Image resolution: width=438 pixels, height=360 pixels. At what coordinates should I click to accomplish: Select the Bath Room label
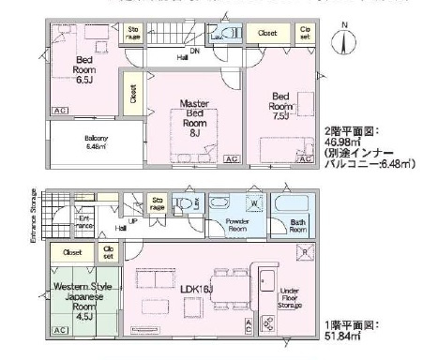(x=297, y=225)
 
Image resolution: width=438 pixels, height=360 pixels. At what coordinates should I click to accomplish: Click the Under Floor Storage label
(x=290, y=298)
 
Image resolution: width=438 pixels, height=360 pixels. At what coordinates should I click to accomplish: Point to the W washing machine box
(x=253, y=204)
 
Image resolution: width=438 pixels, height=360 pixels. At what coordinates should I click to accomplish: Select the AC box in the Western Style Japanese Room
(x=59, y=331)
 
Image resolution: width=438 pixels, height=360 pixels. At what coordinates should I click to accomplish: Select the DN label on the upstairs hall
(x=194, y=51)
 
